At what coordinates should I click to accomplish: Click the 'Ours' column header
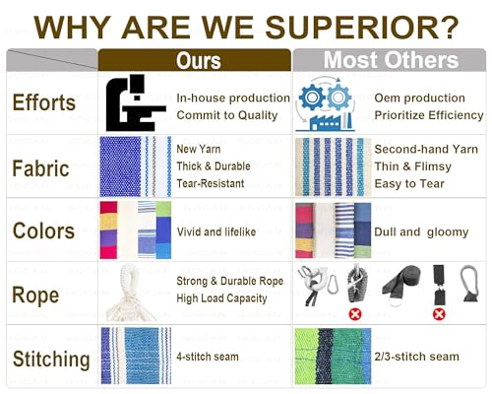pos(198,61)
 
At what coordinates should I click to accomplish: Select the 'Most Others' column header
pos(391,60)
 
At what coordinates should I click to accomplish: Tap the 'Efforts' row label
pos(44,102)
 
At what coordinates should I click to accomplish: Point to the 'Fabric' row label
pos(40,168)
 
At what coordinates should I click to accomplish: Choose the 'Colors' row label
pos(43,230)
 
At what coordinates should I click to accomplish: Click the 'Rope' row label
pos(35,295)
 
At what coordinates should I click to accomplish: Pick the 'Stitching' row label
pos(51,359)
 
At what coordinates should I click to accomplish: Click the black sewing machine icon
pos(136,102)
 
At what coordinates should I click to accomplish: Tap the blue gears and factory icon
pos(325,104)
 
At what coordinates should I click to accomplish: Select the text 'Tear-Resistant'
pos(211,183)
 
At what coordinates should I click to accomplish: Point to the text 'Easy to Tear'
pos(409,183)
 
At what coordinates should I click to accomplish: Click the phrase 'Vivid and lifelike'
pos(216,231)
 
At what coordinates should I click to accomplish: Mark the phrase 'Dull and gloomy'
pos(421,232)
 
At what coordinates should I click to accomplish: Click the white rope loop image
pos(131,293)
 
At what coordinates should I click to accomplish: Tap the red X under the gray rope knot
pos(355,314)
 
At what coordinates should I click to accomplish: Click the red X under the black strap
pos(439,314)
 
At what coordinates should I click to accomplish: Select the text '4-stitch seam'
pos(208,357)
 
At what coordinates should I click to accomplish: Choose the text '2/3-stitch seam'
pos(416,357)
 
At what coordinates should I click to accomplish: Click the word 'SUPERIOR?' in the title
pos(362,28)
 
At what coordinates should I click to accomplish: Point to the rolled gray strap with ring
pos(401,285)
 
